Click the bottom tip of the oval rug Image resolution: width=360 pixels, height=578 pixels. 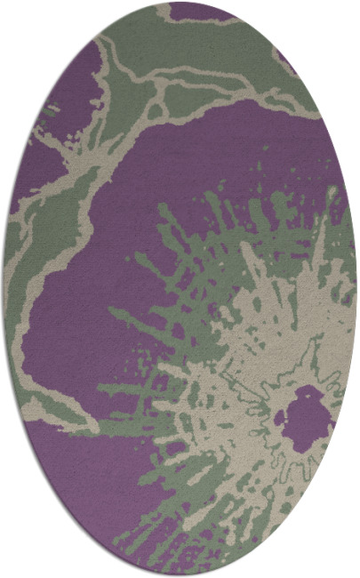(180, 574)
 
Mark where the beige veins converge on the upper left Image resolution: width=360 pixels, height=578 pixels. (107, 142)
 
